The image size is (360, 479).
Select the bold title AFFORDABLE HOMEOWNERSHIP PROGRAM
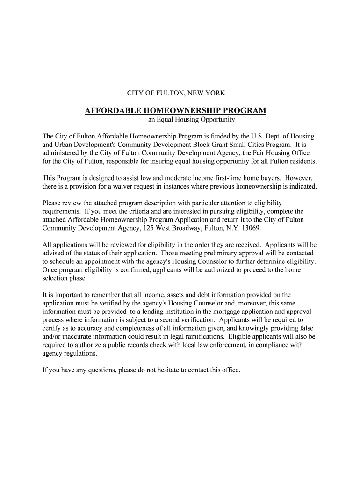(x=175, y=111)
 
